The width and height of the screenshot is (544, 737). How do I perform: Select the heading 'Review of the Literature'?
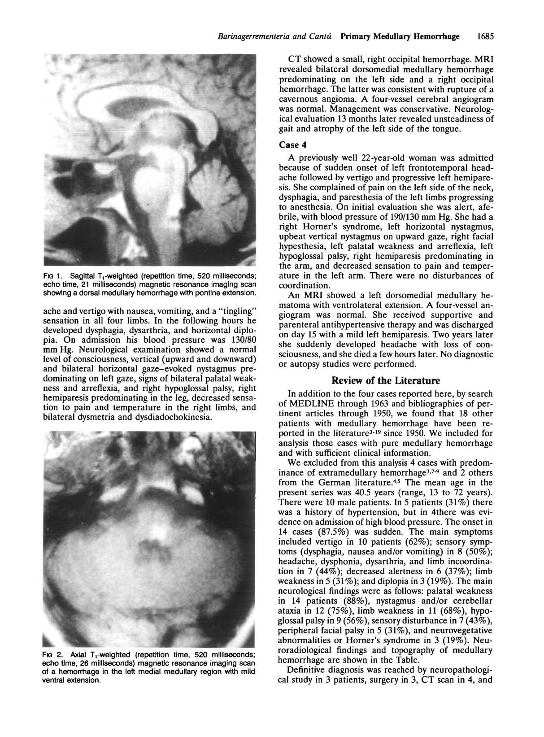tap(386, 381)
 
